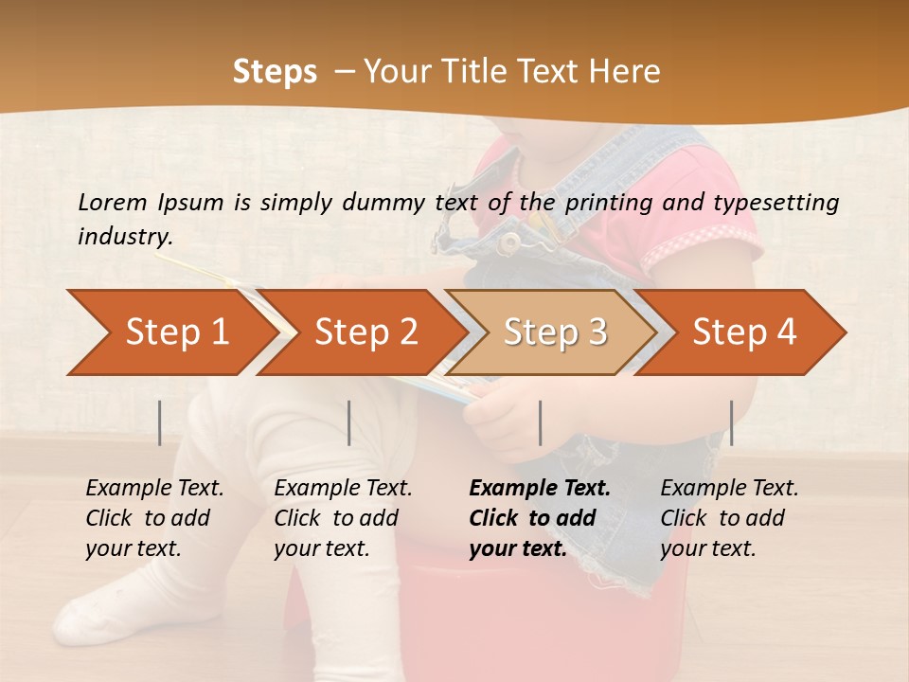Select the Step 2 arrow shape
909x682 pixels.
[365, 332]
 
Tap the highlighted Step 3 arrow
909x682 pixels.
[554, 332]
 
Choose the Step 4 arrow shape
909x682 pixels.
[743, 332]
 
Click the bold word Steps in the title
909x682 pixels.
[275, 71]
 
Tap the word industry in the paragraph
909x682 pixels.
[124, 236]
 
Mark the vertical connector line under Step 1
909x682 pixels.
[160, 422]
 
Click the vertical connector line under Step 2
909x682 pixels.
[349, 422]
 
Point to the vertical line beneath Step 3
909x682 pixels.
[540, 422]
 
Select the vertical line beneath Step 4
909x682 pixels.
[732, 422]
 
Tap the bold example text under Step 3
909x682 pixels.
[539, 518]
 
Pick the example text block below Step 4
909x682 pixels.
[728, 518]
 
